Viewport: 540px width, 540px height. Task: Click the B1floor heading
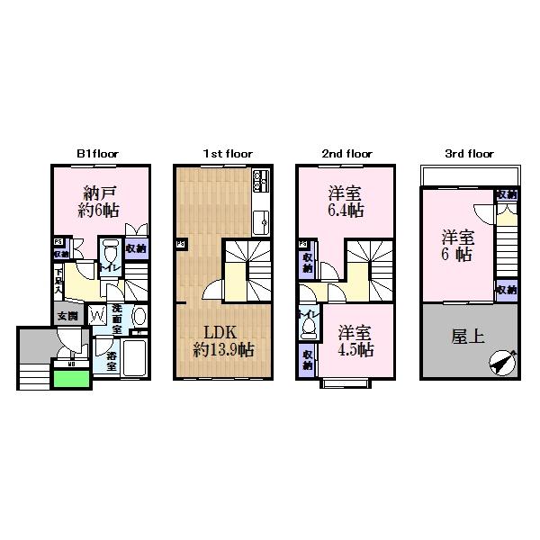(97, 154)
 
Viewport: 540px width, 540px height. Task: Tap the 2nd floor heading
(347, 154)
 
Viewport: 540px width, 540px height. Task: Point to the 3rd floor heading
(469, 154)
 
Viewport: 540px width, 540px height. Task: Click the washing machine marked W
(97, 316)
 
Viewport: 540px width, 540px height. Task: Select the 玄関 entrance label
(67, 316)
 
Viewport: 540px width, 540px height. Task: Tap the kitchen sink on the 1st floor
(261, 219)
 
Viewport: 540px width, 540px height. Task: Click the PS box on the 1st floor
(181, 243)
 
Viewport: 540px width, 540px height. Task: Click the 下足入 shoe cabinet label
(58, 280)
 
